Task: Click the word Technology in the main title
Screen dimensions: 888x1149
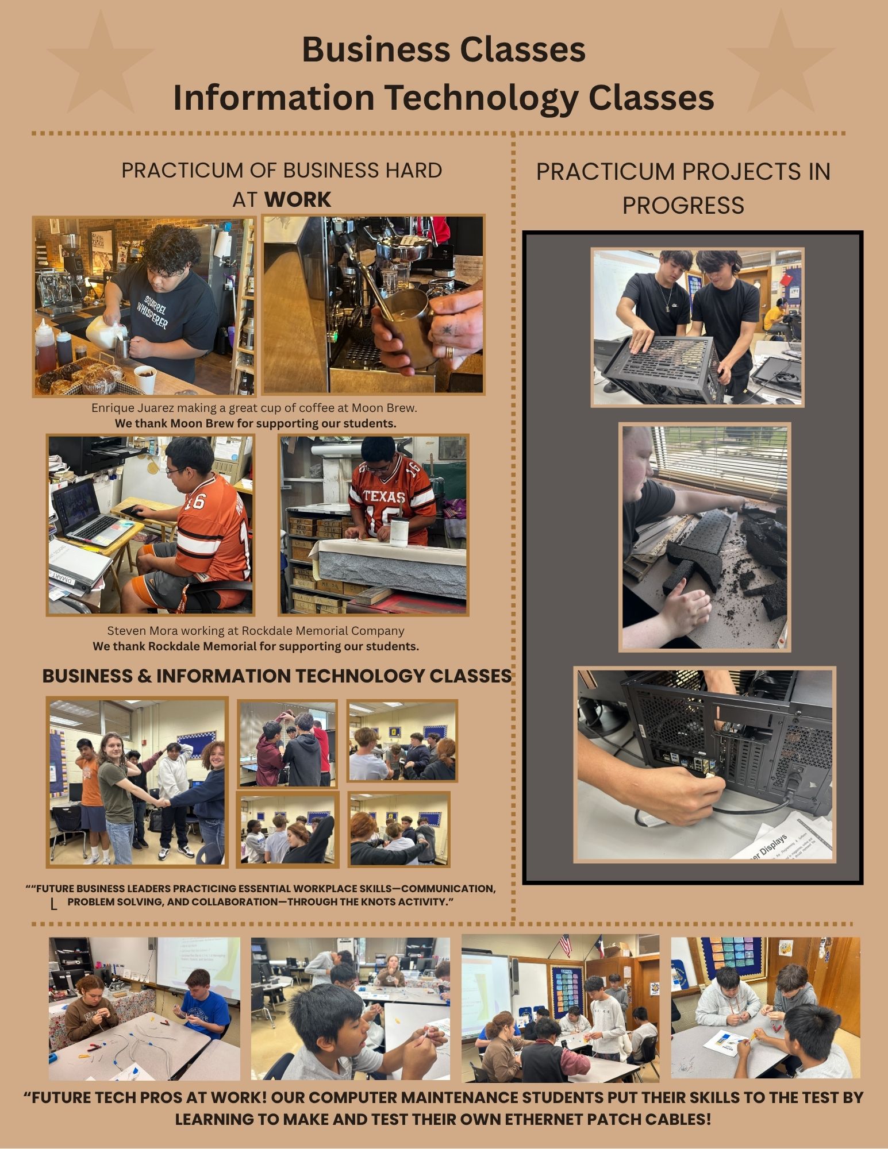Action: click(x=481, y=97)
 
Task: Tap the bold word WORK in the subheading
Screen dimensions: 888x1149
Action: click(x=298, y=199)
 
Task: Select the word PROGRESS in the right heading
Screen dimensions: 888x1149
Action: click(x=683, y=205)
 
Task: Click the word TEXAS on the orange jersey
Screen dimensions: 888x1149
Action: click(x=384, y=496)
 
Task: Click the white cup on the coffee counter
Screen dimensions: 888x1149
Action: click(x=145, y=380)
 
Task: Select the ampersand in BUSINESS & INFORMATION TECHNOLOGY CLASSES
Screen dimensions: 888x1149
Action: click(x=144, y=676)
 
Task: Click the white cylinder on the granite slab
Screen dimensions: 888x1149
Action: click(x=399, y=531)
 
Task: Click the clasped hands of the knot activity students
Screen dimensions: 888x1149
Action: click(x=163, y=803)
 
